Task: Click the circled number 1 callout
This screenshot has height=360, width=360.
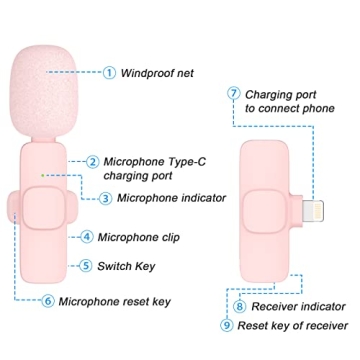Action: coord(109,72)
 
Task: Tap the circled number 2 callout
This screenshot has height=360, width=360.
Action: coord(92,161)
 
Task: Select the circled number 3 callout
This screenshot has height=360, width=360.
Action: coord(106,197)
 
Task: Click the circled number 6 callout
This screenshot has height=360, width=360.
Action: coord(47,300)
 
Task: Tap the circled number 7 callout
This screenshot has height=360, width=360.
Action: coord(233,94)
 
